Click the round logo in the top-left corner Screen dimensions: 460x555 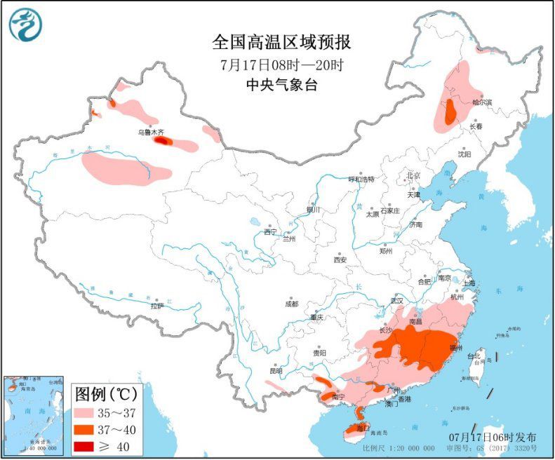coord(25,25)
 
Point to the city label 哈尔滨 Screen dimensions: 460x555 coord(482,102)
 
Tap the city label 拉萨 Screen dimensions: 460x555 coord(156,306)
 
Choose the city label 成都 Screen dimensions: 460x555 coord(291,304)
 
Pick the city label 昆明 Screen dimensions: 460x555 coord(275,371)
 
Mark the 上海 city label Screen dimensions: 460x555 coord(467,283)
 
